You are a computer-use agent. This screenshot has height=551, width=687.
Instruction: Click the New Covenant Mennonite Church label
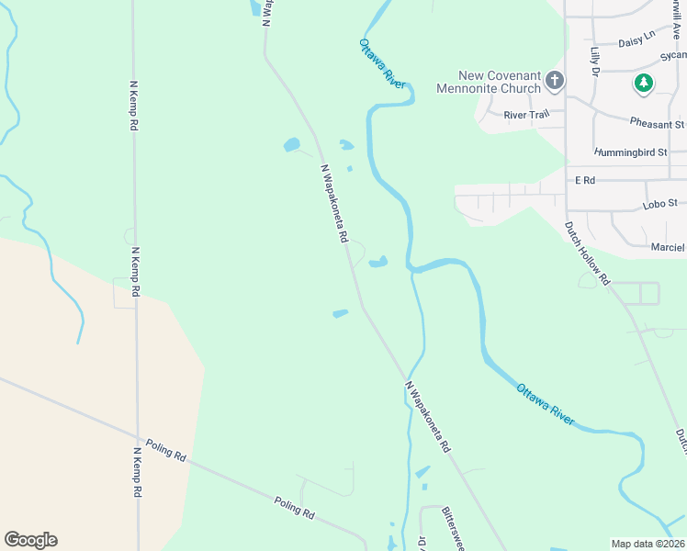pyautogui.click(x=499, y=82)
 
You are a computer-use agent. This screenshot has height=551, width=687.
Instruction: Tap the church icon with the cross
pyautogui.click(x=555, y=82)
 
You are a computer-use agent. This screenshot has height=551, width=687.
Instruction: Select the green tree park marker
pyautogui.click(x=645, y=84)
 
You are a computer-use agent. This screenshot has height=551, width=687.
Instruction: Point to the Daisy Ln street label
pyautogui.click(x=636, y=40)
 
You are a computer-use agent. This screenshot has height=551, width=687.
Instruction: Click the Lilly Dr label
pyautogui.click(x=595, y=61)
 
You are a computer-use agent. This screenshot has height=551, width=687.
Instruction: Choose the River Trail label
pyautogui.click(x=526, y=115)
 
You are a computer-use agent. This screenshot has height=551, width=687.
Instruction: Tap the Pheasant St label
pyautogui.click(x=657, y=123)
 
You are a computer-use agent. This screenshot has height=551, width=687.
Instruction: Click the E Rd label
pyautogui.click(x=585, y=181)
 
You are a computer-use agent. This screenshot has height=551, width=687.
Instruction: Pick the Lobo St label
pyautogui.click(x=660, y=202)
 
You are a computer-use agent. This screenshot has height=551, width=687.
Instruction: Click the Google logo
pyautogui.click(x=30, y=540)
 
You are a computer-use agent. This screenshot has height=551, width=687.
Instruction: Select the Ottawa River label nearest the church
pyautogui.click(x=382, y=63)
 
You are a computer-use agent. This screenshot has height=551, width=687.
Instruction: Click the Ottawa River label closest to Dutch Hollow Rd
pyautogui.click(x=546, y=405)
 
